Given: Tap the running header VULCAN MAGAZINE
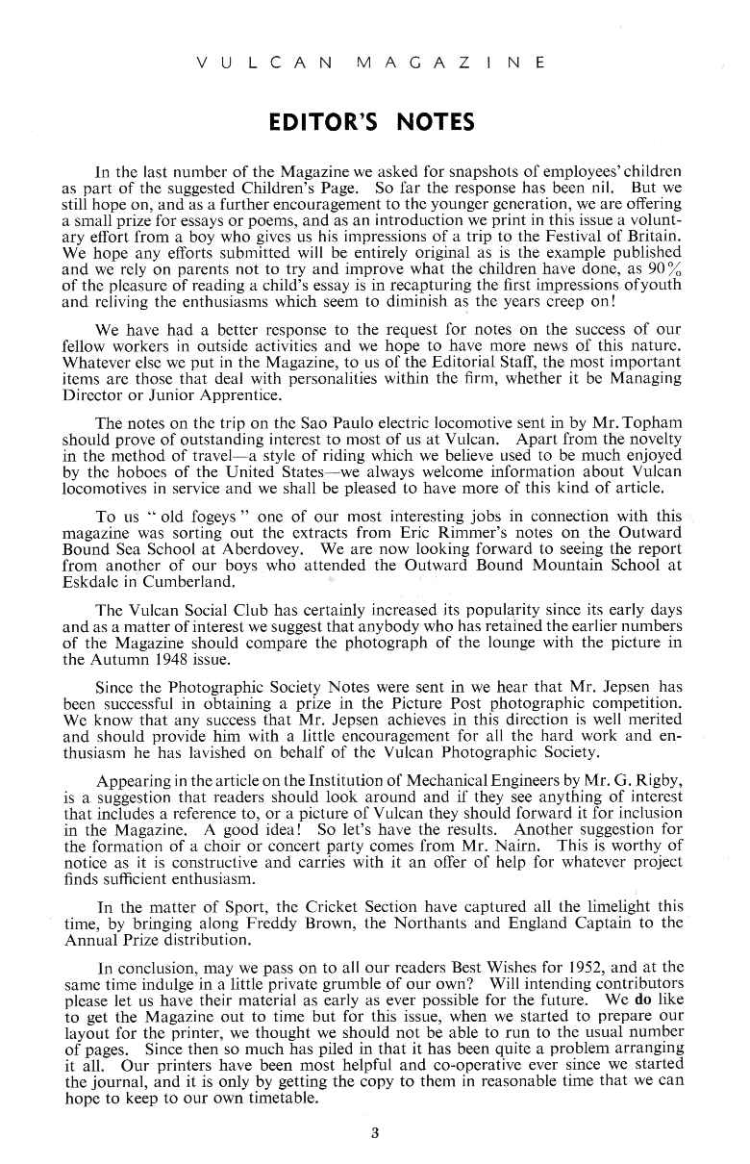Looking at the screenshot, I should click(x=370, y=63).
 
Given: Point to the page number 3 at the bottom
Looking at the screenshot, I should click(x=375, y=1133).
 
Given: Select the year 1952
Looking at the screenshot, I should click(x=573, y=964).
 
